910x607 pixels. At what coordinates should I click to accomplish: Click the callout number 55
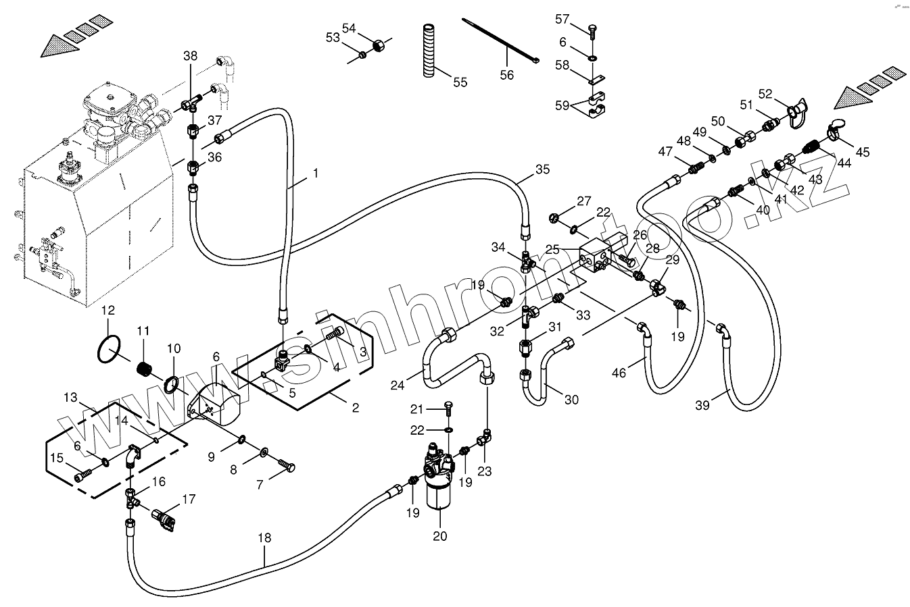[x=460, y=82]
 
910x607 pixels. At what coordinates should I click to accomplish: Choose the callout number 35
[x=543, y=169]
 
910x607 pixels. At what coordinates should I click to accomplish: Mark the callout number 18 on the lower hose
[x=264, y=538]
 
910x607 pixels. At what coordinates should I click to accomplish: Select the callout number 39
[x=702, y=404]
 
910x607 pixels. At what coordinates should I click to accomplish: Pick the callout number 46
[x=619, y=372]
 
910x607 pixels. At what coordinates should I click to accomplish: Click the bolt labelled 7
[x=287, y=465]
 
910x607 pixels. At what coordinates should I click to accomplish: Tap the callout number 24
[x=398, y=386]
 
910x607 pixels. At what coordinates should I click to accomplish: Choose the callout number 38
[x=191, y=55]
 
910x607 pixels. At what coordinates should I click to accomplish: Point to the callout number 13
[x=71, y=398]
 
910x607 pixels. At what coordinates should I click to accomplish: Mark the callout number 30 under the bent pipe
[x=571, y=400]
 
